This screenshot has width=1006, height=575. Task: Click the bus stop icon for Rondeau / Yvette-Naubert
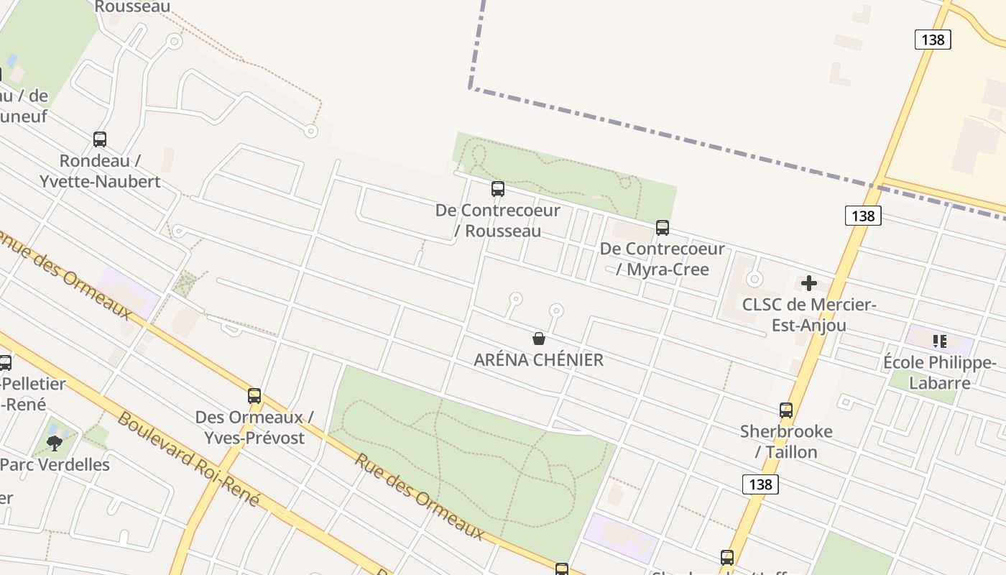point(100,139)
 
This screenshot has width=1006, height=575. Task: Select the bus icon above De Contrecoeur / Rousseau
point(497,189)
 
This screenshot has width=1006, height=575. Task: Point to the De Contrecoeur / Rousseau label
point(497,221)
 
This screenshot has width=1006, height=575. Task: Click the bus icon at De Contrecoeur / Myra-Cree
point(663,228)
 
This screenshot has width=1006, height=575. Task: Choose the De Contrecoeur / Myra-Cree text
point(663,259)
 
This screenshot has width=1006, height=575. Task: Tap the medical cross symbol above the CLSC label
point(809,283)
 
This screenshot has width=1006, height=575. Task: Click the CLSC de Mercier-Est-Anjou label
point(809,315)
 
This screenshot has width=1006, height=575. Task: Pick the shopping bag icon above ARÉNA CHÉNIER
point(539,339)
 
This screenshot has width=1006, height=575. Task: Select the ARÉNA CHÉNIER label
point(539,360)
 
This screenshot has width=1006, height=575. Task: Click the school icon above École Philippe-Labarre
point(939,341)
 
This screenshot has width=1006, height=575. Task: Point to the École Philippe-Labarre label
point(939,372)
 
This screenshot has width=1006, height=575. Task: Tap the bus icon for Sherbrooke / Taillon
point(786,410)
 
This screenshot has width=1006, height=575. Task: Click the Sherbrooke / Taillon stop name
point(786,441)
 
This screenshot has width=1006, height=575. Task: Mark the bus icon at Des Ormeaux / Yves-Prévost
point(254,396)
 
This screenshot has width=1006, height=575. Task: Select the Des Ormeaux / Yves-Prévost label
point(254,427)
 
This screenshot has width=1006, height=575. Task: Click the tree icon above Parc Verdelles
point(55,443)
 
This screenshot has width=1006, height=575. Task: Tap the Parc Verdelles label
point(55,464)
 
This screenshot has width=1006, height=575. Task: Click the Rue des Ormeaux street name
point(419,497)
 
